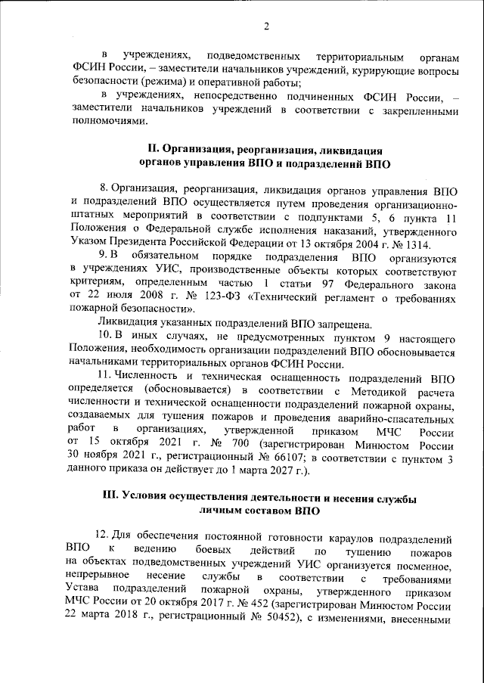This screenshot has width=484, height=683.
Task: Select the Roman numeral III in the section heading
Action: coord(110,497)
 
